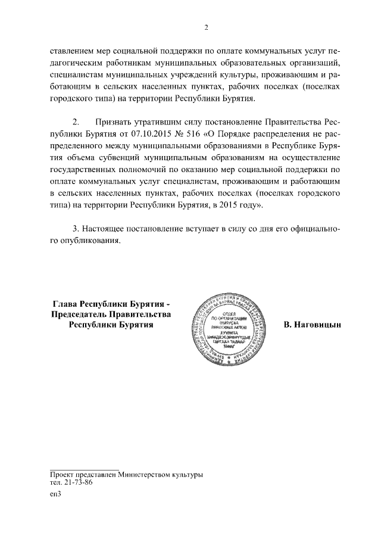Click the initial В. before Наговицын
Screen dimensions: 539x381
(x=288, y=325)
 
